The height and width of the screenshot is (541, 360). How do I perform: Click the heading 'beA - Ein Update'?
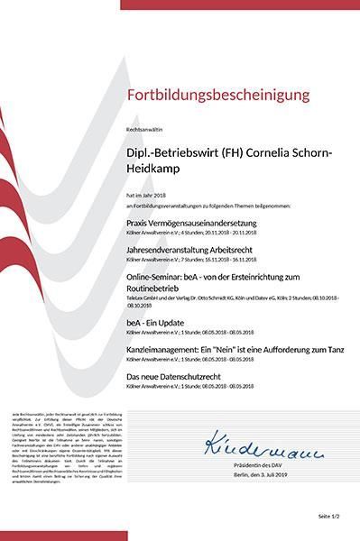pyautogui.click(x=152, y=321)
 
